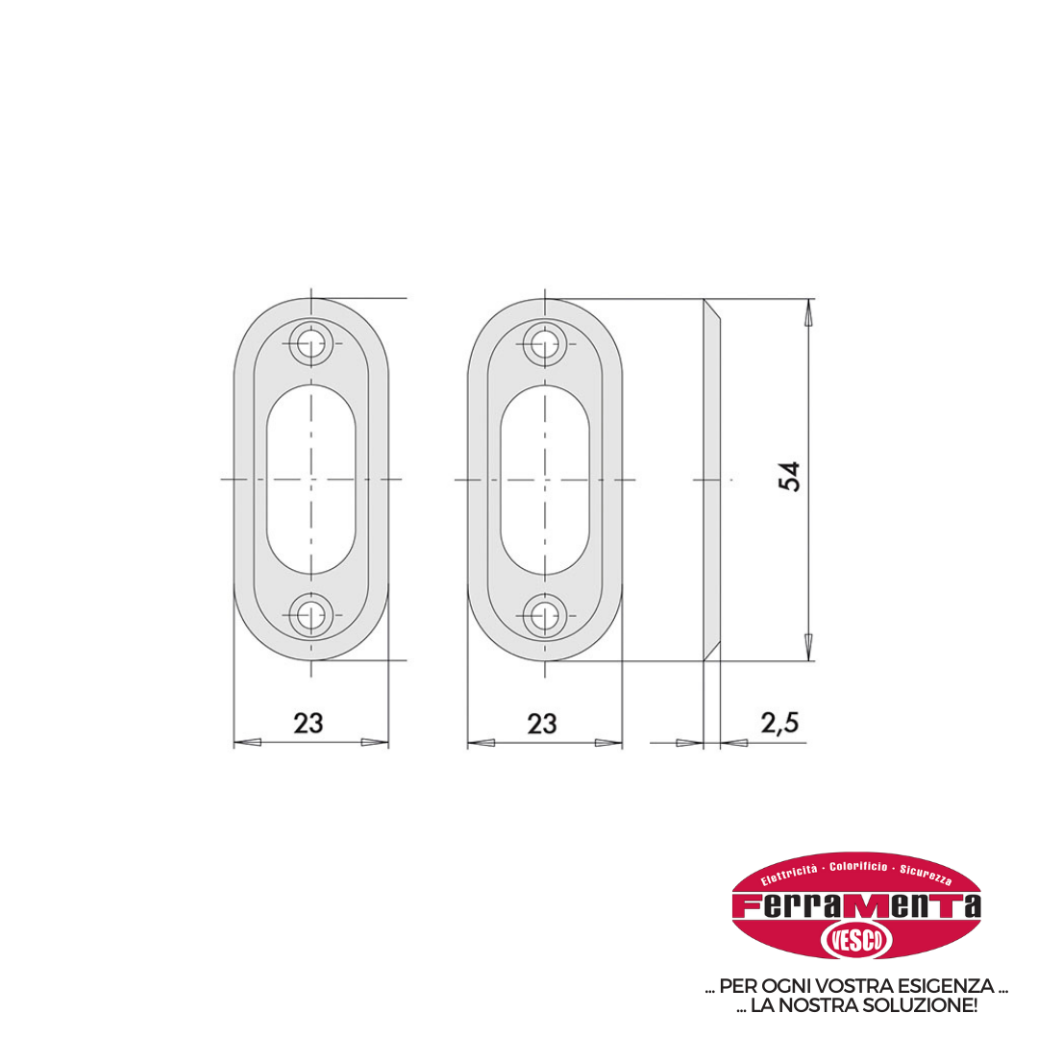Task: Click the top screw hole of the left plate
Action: (x=311, y=343)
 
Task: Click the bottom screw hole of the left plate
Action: (x=311, y=615)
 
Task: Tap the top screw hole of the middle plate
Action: (x=545, y=344)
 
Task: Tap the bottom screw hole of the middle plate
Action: (x=545, y=615)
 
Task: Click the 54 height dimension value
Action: (x=789, y=477)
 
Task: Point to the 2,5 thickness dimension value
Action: (x=779, y=723)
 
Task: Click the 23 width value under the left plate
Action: (x=309, y=724)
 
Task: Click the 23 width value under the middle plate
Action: (x=542, y=725)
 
